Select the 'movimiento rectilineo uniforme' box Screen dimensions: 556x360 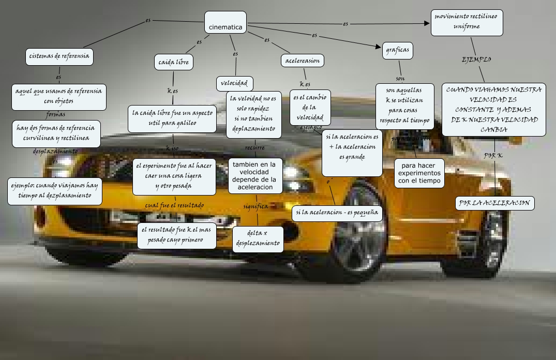[x=467, y=23]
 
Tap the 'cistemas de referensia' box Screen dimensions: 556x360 [x=59, y=56]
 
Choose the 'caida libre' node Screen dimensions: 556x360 [x=174, y=63]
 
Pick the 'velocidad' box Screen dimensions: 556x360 [x=234, y=83]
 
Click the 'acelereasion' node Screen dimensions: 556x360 [x=303, y=61]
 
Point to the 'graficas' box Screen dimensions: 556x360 [x=398, y=51]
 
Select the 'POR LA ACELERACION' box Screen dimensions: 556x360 [x=494, y=203]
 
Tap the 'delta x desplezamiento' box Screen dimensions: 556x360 [x=258, y=239]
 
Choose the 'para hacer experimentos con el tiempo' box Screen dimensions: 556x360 [x=420, y=173]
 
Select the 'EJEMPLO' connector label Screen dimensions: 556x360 [x=476, y=59]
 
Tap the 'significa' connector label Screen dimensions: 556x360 [x=256, y=206]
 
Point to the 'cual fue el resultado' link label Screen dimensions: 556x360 [x=174, y=205]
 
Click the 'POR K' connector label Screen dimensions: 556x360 [x=493, y=156]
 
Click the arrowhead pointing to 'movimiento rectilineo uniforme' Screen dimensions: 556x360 [x=427, y=23]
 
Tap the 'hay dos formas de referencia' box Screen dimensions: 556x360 [x=56, y=133]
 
